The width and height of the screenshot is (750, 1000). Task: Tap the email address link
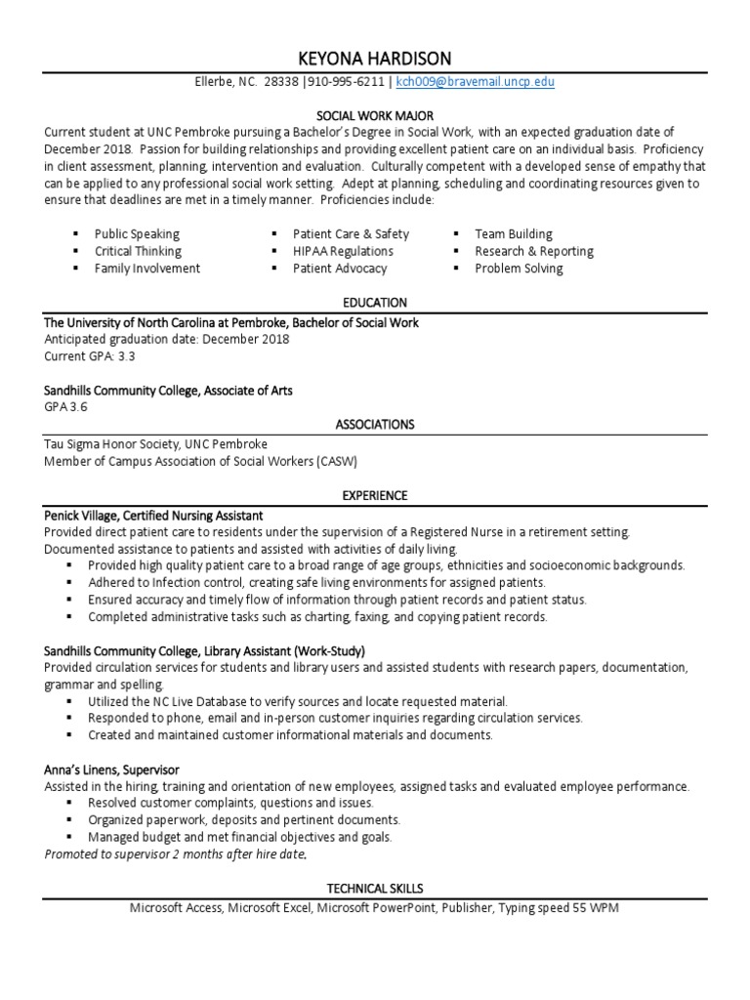click(x=475, y=82)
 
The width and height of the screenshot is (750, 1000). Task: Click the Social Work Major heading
click(x=375, y=114)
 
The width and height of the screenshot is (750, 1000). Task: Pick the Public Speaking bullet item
click(x=137, y=234)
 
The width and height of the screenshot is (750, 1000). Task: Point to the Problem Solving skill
click(x=519, y=269)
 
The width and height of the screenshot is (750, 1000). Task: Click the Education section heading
click(x=375, y=303)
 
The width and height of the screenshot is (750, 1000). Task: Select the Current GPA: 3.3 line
click(x=90, y=356)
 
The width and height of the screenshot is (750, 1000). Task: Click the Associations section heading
click(x=375, y=425)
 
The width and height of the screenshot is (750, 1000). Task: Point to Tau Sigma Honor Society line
click(x=155, y=444)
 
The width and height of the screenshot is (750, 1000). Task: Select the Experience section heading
click(x=375, y=496)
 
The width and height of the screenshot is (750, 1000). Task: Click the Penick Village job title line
click(x=153, y=515)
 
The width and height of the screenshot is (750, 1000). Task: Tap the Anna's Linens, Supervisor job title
click(x=111, y=770)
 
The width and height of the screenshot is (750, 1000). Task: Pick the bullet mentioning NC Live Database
click(x=297, y=701)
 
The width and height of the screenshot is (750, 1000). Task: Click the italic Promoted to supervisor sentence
click(x=175, y=854)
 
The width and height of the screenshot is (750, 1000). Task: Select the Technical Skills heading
click(x=375, y=889)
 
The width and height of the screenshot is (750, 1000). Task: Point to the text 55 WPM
click(x=595, y=908)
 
